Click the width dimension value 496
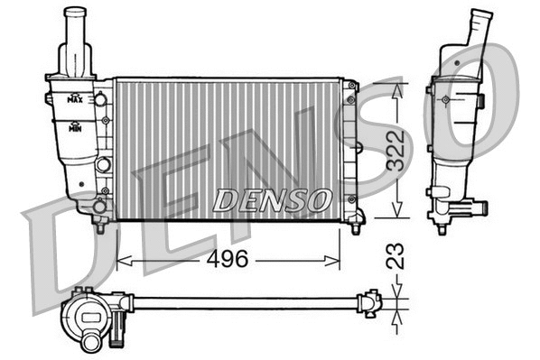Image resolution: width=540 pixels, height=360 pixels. point(228,260)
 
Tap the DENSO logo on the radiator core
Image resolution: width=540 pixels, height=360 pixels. point(270,200)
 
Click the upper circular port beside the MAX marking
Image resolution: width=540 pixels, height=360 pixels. point(102,98)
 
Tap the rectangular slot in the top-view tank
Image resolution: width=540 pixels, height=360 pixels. point(91,315)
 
